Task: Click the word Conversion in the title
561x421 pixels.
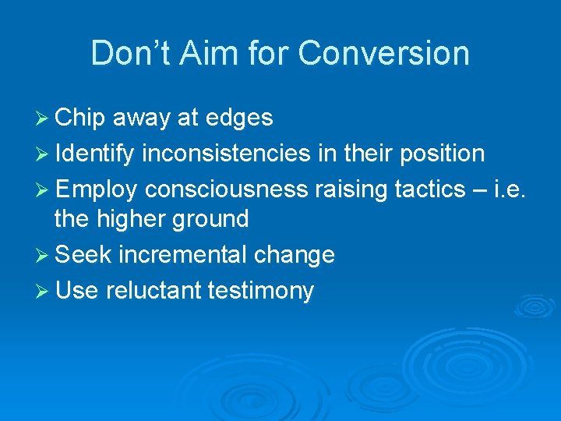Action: tap(383, 54)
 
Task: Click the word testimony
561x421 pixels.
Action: tap(261, 292)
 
